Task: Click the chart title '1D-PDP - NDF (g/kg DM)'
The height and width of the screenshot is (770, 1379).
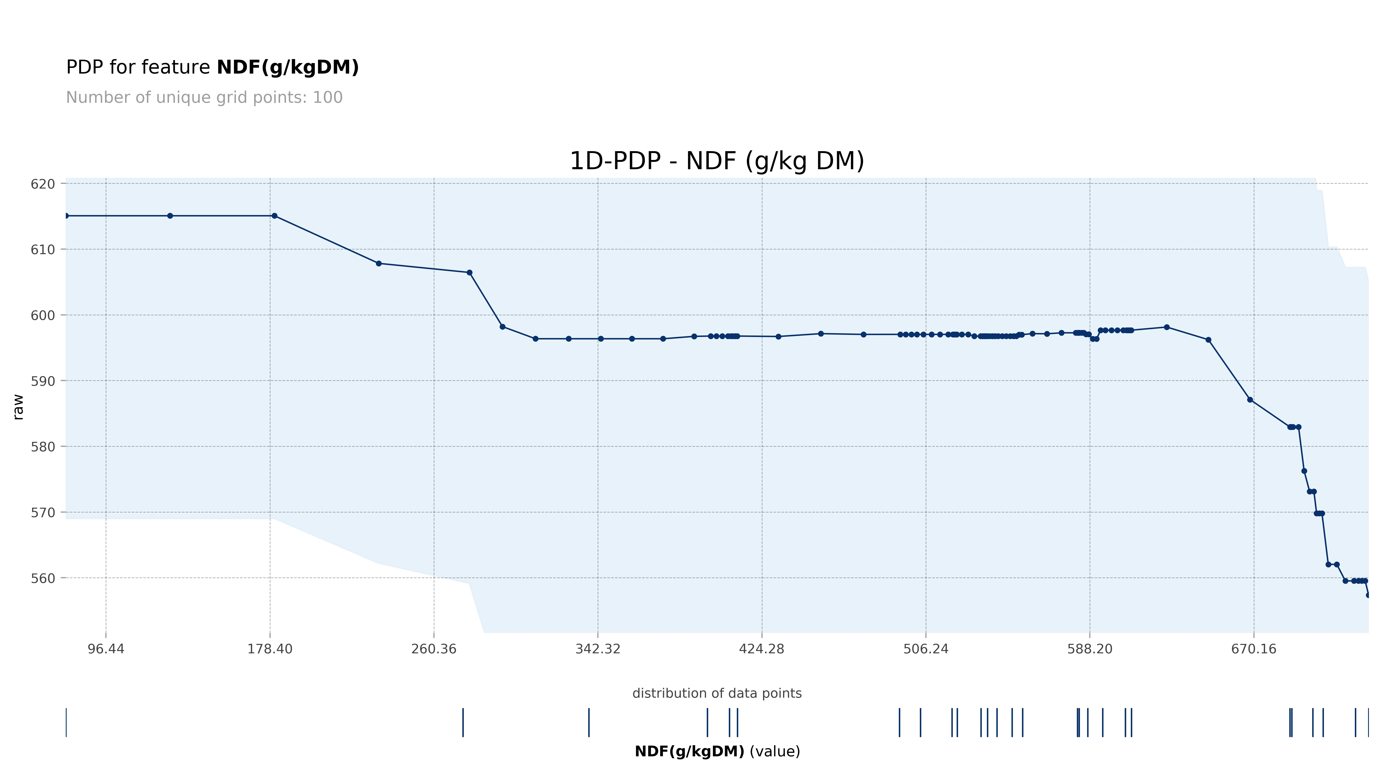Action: (x=717, y=161)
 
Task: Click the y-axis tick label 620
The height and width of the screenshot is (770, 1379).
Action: (x=43, y=184)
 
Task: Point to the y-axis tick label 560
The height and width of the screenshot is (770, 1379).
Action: (x=43, y=578)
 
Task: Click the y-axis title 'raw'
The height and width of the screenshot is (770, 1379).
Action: (x=18, y=407)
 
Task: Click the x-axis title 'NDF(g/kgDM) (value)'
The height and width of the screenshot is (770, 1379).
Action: (x=717, y=752)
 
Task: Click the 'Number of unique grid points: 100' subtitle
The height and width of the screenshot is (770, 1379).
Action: (x=204, y=98)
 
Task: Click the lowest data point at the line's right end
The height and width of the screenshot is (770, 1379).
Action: (x=1368, y=595)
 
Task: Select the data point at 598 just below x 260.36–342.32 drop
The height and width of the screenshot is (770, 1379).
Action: (x=502, y=327)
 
